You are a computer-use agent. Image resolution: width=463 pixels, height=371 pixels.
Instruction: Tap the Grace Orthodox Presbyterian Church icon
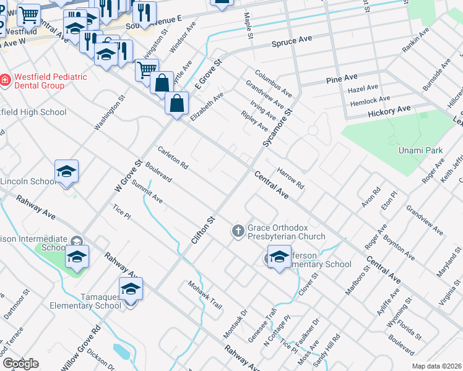tap(238, 231)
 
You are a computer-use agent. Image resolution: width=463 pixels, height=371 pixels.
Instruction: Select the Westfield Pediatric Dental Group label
tap(51, 82)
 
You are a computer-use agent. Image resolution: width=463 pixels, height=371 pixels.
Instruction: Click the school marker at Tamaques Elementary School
tap(131, 289)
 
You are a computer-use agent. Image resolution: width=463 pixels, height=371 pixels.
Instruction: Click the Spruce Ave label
tap(292, 40)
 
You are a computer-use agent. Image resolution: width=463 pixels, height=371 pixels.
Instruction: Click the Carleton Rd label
tap(173, 158)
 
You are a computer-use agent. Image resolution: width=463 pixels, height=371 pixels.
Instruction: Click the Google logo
tap(20, 364)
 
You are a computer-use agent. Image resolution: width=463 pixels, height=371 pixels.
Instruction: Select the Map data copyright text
tap(436, 366)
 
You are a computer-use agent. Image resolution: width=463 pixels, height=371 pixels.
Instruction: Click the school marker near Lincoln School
tap(66, 173)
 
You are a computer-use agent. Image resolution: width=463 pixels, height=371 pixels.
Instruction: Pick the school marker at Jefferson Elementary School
tap(279, 257)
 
